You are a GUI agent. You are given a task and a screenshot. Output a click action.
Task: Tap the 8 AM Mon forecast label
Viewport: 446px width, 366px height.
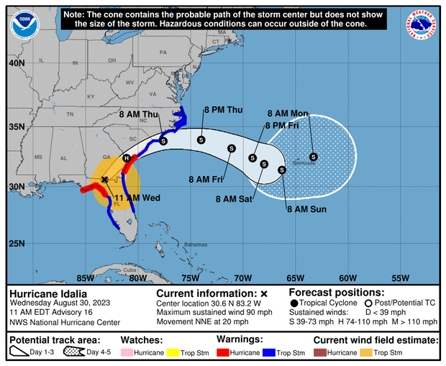[287, 114]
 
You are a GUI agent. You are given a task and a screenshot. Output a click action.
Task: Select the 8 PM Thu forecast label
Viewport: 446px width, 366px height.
[223, 109]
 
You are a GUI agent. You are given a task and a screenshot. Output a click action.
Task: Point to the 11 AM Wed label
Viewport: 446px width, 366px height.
[137, 196]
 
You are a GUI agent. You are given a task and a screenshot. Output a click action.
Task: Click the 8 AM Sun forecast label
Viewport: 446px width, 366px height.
[306, 209]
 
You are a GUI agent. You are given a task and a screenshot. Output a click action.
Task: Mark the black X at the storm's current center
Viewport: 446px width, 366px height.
[105, 179]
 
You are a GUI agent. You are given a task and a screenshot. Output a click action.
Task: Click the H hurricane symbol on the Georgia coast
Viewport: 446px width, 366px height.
[127, 158]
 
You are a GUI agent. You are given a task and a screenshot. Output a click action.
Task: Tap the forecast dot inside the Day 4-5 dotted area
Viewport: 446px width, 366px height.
[314, 156]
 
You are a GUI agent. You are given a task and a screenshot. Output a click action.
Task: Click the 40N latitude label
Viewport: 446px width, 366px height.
[16, 63]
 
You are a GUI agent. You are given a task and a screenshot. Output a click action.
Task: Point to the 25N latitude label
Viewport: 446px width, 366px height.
[16, 244]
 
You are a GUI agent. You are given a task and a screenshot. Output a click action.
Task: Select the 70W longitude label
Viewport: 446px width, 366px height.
[242, 278]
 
